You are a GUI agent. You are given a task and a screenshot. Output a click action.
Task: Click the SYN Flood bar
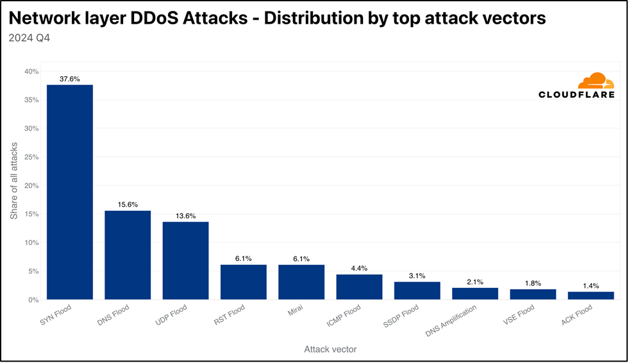(x=69, y=192)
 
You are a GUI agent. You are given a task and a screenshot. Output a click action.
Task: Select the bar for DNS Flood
(x=128, y=255)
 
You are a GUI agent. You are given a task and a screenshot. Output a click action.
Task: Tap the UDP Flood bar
(x=185, y=260)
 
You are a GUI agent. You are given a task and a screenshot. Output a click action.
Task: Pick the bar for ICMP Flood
(x=359, y=287)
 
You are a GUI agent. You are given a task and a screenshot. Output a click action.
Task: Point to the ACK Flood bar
(x=591, y=296)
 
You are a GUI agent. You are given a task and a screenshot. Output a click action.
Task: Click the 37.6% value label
(x=69, y=79)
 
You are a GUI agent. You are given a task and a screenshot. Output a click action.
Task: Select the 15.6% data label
(x=128, y=205)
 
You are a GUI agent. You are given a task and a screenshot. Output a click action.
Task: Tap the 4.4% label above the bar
(x=359, y=269)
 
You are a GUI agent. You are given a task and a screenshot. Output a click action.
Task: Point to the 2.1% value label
(x=475, y=282)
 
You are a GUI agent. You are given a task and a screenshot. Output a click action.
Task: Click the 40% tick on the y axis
(x=31, y=72)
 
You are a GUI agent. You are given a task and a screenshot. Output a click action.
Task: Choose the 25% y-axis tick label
(x=31, y=157)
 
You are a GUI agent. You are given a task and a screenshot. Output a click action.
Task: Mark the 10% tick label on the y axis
(x=31, y=242)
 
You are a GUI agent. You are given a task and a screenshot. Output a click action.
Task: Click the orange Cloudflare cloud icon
(x=596, y=81)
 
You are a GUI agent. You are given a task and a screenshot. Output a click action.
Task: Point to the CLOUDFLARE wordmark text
(x=576, y=95)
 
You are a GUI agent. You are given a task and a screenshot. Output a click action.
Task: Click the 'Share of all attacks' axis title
(x=14, y=181)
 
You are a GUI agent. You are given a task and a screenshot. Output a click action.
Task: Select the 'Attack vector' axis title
(x=330, y=350)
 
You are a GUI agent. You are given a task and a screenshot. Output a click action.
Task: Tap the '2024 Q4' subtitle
(x=29, y=38)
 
